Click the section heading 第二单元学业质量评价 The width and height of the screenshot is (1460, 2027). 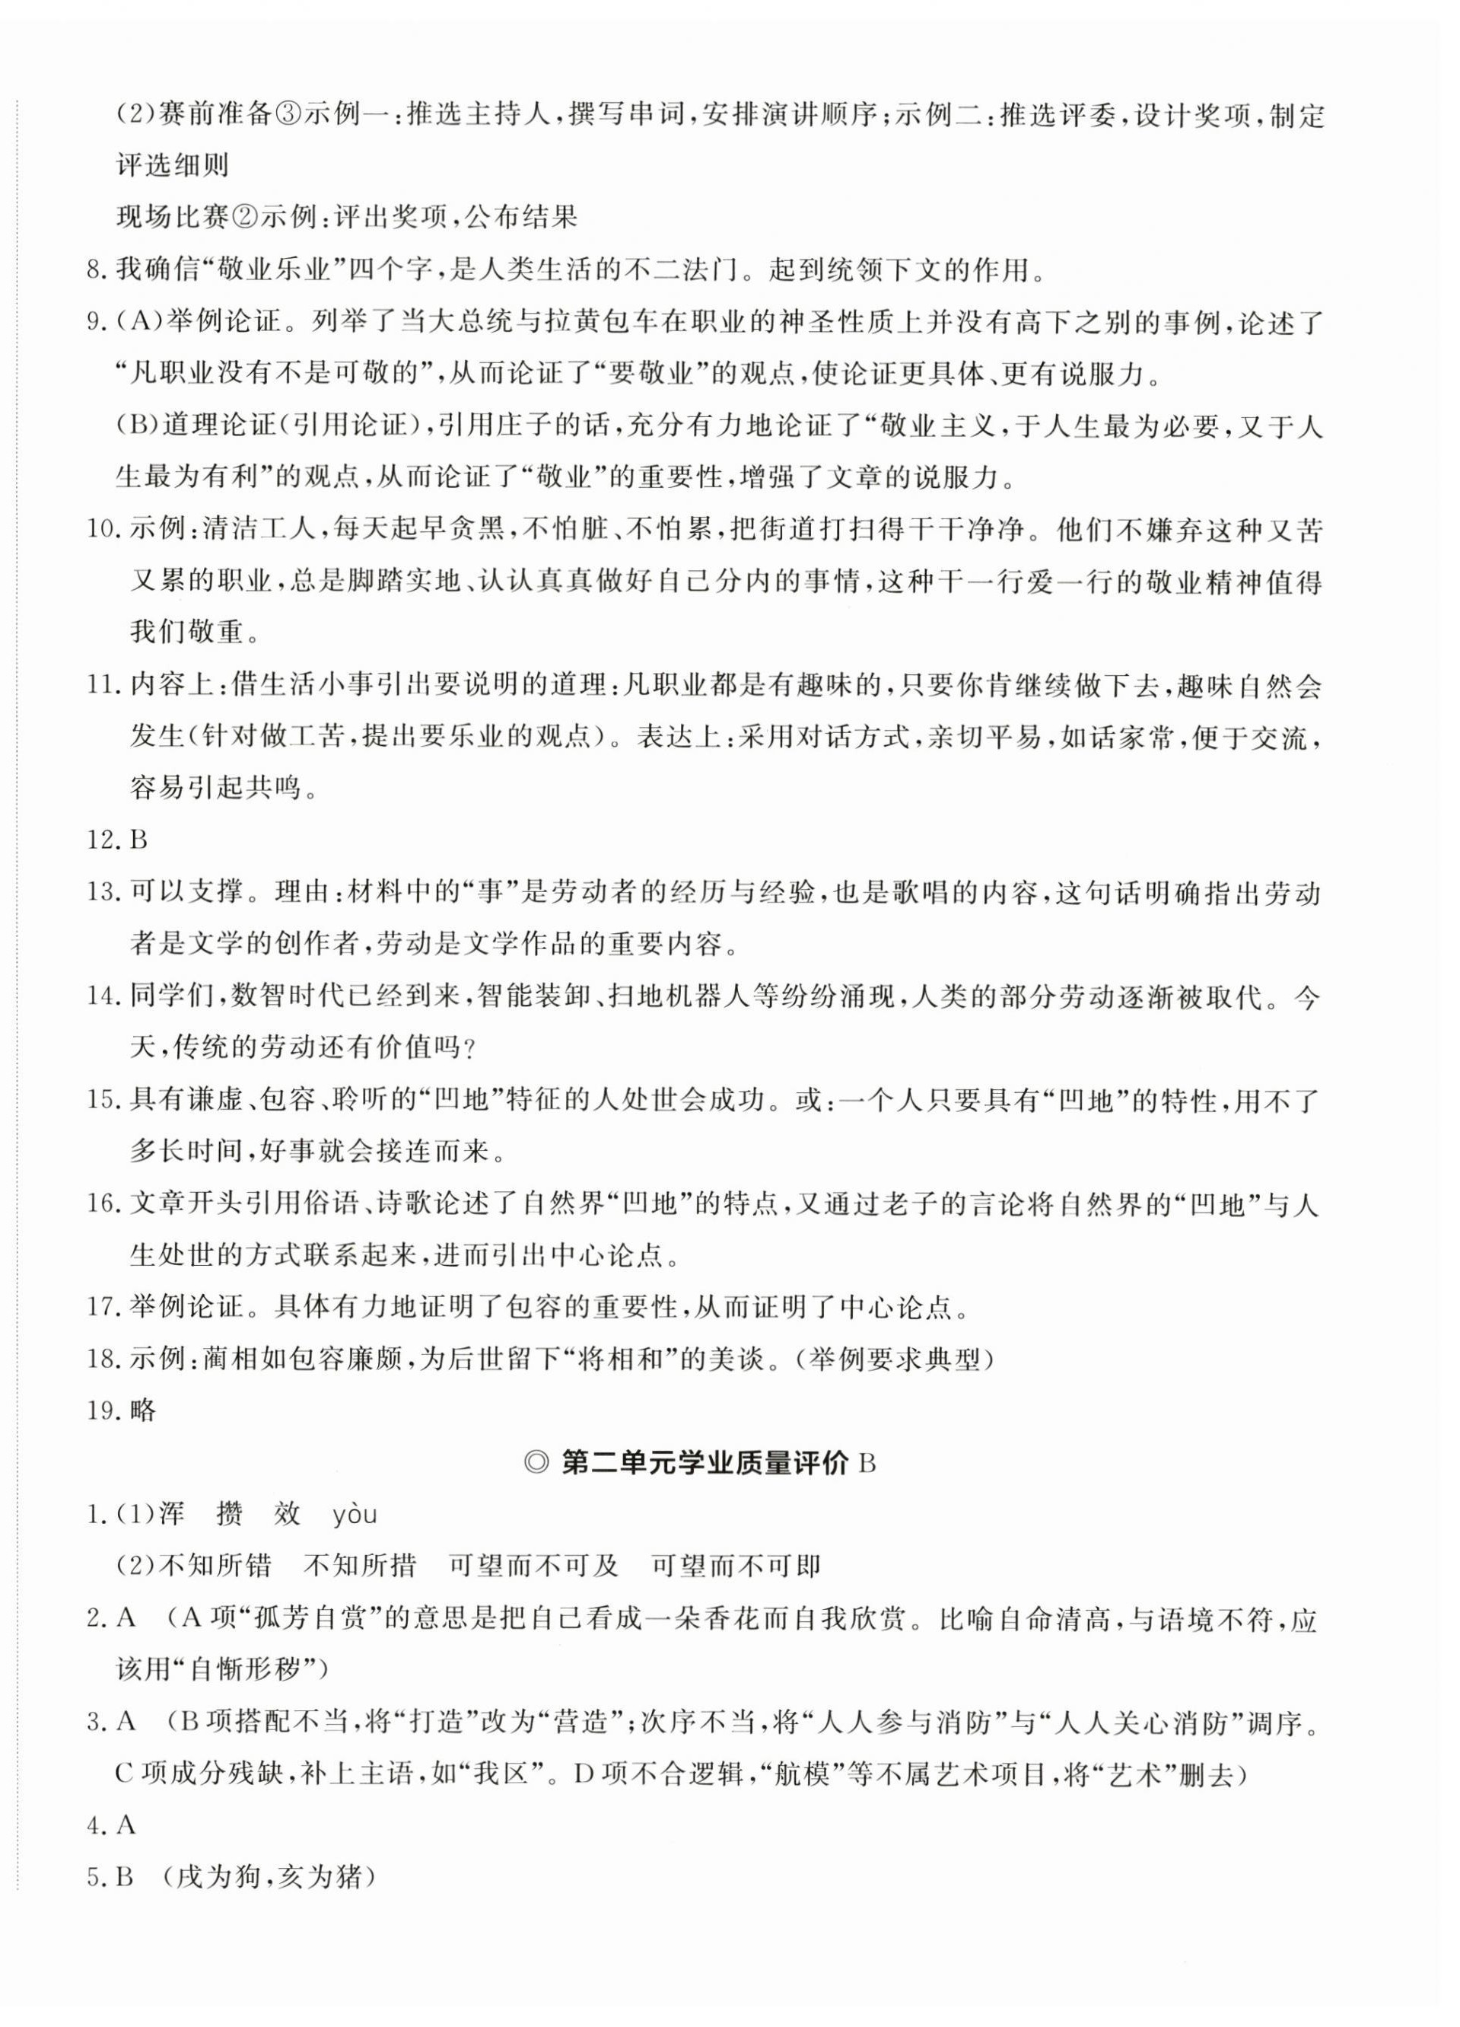pos(704,1463)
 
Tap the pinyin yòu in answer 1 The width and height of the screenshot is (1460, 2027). pos(355,1514)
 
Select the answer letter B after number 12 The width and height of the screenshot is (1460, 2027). pos(138,840)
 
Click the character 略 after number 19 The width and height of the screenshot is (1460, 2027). pos(144,1410)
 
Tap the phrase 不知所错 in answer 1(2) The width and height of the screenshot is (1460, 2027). pos(215,1566)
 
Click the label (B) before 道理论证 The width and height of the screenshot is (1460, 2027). pos(138,425)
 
